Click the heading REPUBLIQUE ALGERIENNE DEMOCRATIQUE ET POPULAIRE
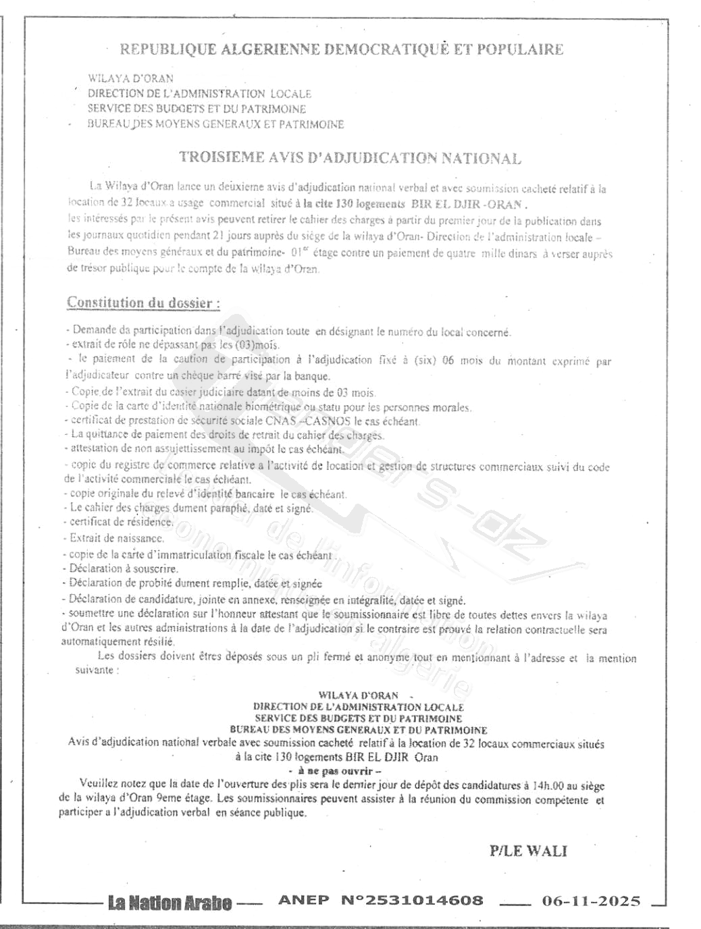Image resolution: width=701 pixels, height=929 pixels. coord(341,49)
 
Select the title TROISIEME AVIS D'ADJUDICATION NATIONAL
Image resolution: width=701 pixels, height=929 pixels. coord(350,158)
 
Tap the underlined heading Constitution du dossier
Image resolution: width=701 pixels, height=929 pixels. coord(143,302)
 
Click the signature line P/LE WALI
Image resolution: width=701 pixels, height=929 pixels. coord(528,851)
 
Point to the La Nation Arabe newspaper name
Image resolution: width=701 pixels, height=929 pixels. coord(170,903)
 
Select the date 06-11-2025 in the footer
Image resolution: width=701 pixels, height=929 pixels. coord(590,901)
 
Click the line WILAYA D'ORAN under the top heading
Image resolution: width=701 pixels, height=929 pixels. coord(130,78)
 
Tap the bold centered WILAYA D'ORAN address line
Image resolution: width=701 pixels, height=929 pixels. coord(359,695)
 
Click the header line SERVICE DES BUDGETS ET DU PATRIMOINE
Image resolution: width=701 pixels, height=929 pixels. coord(197,109)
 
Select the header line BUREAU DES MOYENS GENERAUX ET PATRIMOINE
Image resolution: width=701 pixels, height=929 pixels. coord(215,124)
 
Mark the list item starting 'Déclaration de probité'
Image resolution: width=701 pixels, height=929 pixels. coord(194,583)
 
